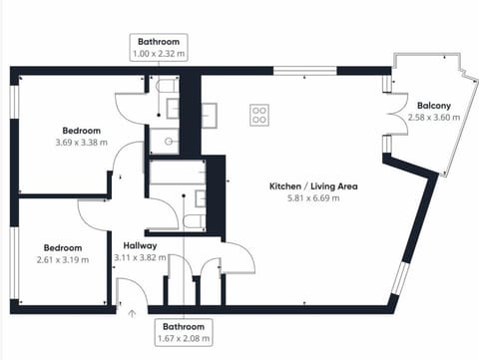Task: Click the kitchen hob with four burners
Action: (259, 116)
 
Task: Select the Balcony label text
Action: (434, 105)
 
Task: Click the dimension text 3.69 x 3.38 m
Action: (82, 143)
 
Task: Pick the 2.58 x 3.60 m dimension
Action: (434, 117)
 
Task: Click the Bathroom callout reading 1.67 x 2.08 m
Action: (184, 333)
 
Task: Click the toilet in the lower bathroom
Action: (193, 220)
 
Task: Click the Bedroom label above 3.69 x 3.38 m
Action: (82, 131)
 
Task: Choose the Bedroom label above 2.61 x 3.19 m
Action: (62, 247)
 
